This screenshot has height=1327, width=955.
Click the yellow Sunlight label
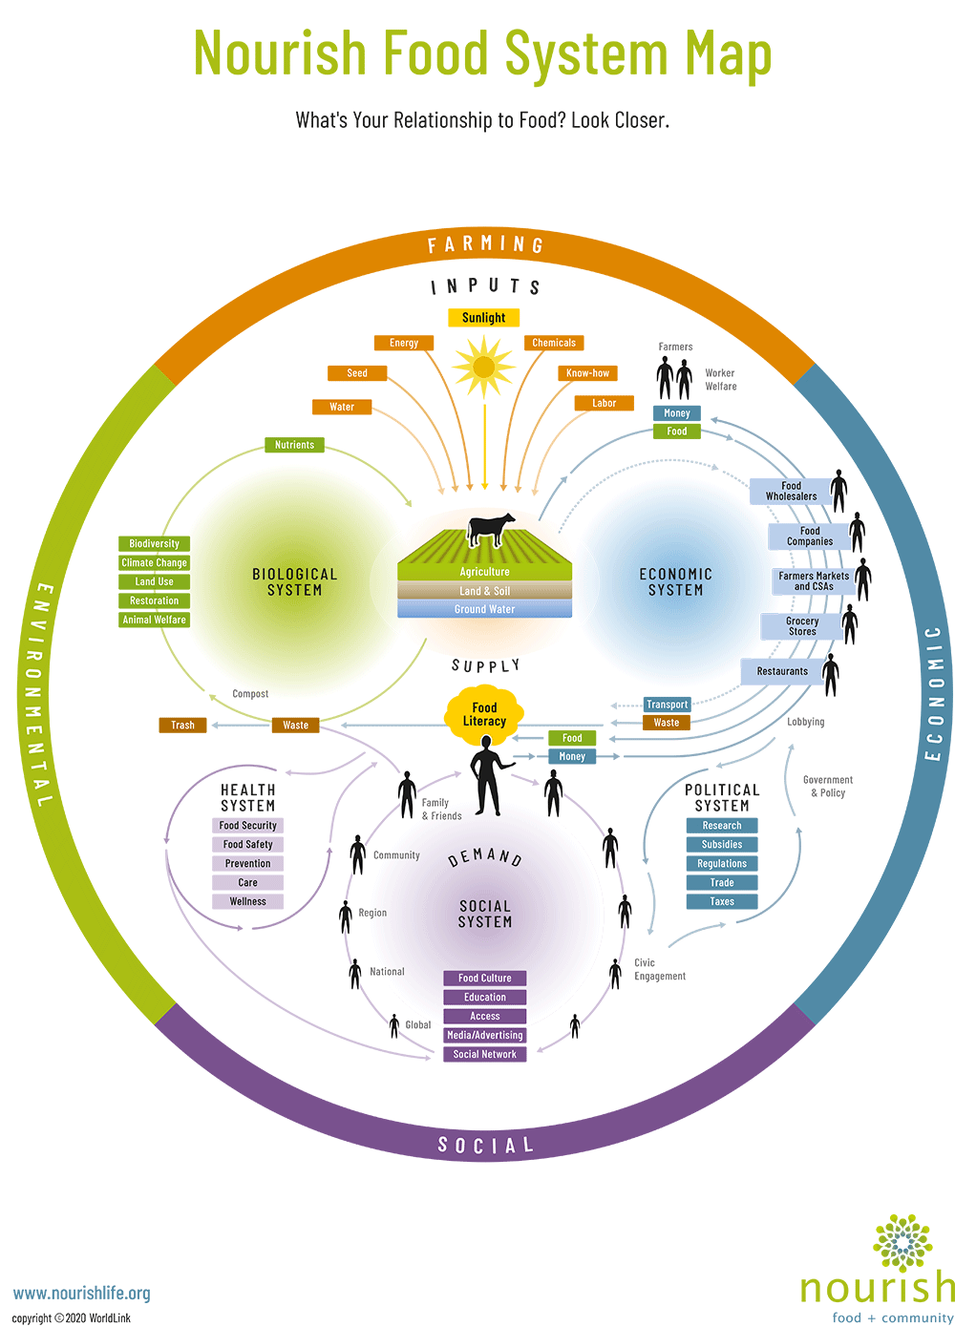[484, 318]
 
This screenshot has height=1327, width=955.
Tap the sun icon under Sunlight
[484, 367]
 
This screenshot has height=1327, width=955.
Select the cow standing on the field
[490, 528]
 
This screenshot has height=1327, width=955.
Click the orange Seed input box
[357, 373]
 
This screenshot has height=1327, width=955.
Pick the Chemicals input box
[554, 343]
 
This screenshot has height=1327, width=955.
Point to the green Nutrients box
[294, 445]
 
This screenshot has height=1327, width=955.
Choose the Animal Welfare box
[154, 620]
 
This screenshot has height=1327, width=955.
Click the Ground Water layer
[484, 609]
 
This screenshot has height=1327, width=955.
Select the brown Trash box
[182, 726]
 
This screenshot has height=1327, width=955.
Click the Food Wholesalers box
[792, 492]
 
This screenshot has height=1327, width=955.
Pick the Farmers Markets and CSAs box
[814, 581]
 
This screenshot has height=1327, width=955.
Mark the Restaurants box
[782, 671]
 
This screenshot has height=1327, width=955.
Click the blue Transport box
[667, 705]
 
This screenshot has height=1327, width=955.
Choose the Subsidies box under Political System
[722, 845]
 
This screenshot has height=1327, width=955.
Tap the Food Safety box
[247, 845]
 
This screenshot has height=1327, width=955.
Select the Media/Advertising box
[484, 1036]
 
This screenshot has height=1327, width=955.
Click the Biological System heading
[294, 582]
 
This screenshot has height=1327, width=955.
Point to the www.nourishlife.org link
[82, 1294]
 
